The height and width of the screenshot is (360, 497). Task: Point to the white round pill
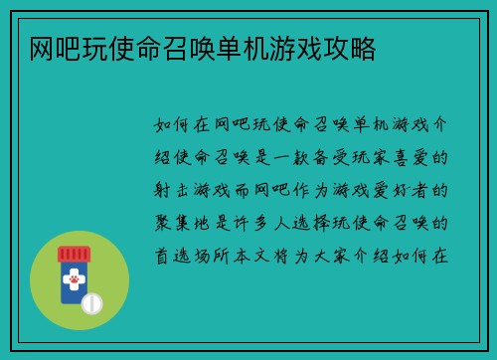(92, 302)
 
